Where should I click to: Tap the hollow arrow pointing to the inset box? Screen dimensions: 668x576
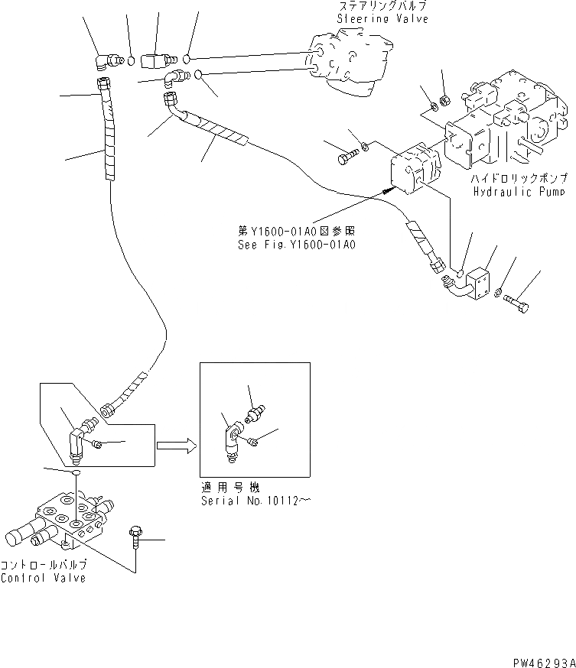pos(172,446)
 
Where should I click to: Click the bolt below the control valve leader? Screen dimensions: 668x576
pos(136,536)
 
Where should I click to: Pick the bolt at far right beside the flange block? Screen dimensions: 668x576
pos(518,303)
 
